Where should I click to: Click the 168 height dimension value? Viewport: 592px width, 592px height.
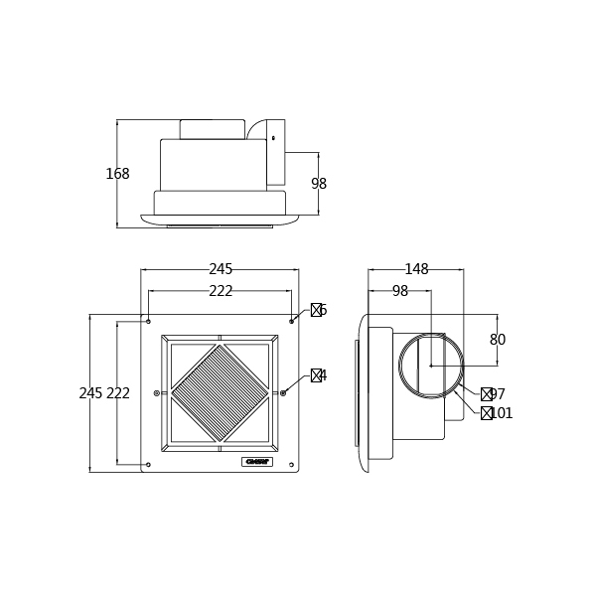(117, 174)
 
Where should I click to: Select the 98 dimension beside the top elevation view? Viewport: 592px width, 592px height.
(319, 184)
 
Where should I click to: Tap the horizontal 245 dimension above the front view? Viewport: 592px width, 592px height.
(221, 269)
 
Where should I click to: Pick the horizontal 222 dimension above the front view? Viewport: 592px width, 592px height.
(221, 291)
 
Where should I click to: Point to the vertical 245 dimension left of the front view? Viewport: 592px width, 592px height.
(90, 393)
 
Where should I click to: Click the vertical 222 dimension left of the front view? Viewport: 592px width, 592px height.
(118, 393)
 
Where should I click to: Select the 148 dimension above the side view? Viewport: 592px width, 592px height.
(416, 269)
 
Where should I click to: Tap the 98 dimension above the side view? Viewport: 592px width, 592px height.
(399, 291)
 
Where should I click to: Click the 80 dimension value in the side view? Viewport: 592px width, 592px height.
(498, 340)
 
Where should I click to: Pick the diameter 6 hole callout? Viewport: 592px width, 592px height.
(318, 310)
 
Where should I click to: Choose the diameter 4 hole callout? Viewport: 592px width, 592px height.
(318, 375)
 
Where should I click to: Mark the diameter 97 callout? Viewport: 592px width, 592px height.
(493, 394)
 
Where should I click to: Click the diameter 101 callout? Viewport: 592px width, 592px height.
(497, 413)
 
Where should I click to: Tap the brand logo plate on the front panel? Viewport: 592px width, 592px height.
(256, 462)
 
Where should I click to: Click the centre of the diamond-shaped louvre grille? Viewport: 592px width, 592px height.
(220, 393)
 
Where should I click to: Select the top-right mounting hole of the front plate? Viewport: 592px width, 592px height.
(291, 321)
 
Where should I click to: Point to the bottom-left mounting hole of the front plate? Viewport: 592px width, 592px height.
(148, 465)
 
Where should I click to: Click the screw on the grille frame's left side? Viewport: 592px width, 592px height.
(156, 393)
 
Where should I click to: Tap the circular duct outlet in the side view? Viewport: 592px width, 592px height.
(431, 366)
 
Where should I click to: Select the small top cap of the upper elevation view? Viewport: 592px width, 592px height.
(212, 129)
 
